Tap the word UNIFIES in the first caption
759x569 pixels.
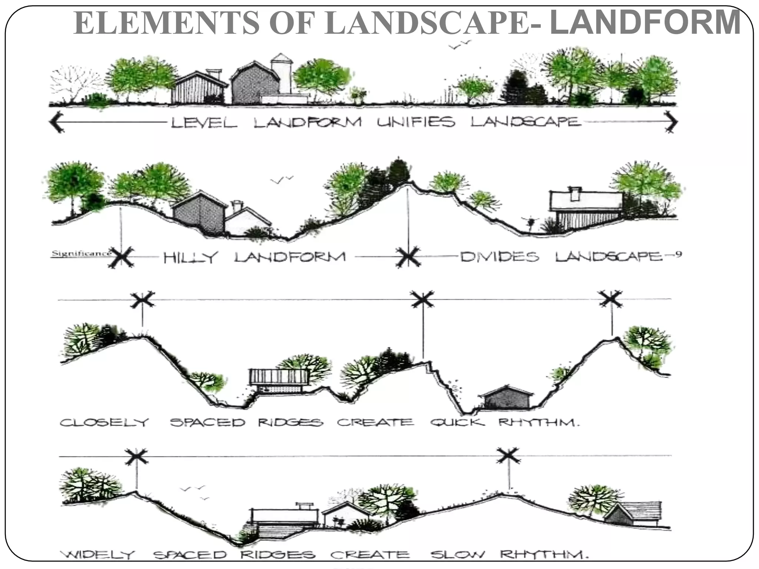pos(416,122)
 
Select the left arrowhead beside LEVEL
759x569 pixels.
pos(56,122)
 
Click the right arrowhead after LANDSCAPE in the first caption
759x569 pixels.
pos(671,122)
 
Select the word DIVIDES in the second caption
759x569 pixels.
pos(500,257)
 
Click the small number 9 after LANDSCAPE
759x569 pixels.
pos(678,254)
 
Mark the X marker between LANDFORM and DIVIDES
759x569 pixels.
pos(408,256)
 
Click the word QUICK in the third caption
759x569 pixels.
pos(457,422)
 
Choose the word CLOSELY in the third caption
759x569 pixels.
pos(104,422)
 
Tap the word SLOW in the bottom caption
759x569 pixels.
pos(457,555)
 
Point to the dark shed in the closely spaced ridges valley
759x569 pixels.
pos(507,398)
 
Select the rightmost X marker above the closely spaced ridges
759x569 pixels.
pos(611,299)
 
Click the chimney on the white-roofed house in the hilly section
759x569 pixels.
pos(575,193)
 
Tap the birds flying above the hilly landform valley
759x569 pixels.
pos(282,180)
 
